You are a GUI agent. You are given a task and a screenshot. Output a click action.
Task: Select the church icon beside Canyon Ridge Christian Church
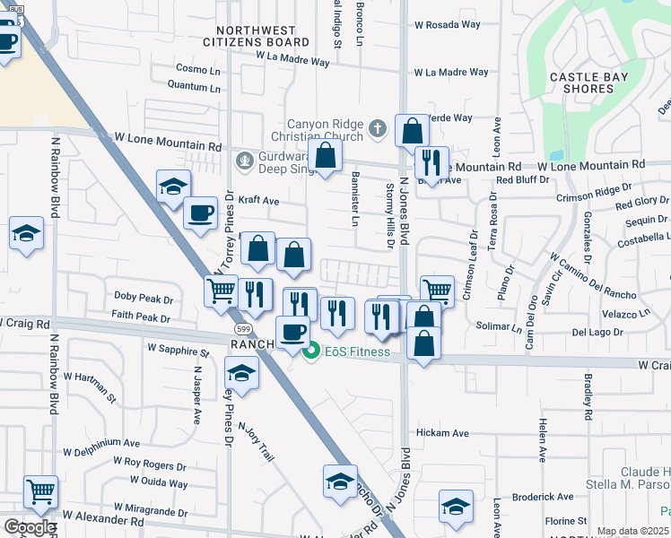pos(378,129)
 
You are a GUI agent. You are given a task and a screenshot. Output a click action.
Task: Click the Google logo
pos(30,527)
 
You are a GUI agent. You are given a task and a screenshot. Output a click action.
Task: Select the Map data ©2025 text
pos(633,531)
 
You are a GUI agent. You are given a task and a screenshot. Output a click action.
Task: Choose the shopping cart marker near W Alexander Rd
pos(40,491)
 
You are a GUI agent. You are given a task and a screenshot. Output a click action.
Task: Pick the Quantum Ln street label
pos(195,88)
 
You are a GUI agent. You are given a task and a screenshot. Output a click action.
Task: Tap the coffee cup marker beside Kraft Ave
pos(200,213)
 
